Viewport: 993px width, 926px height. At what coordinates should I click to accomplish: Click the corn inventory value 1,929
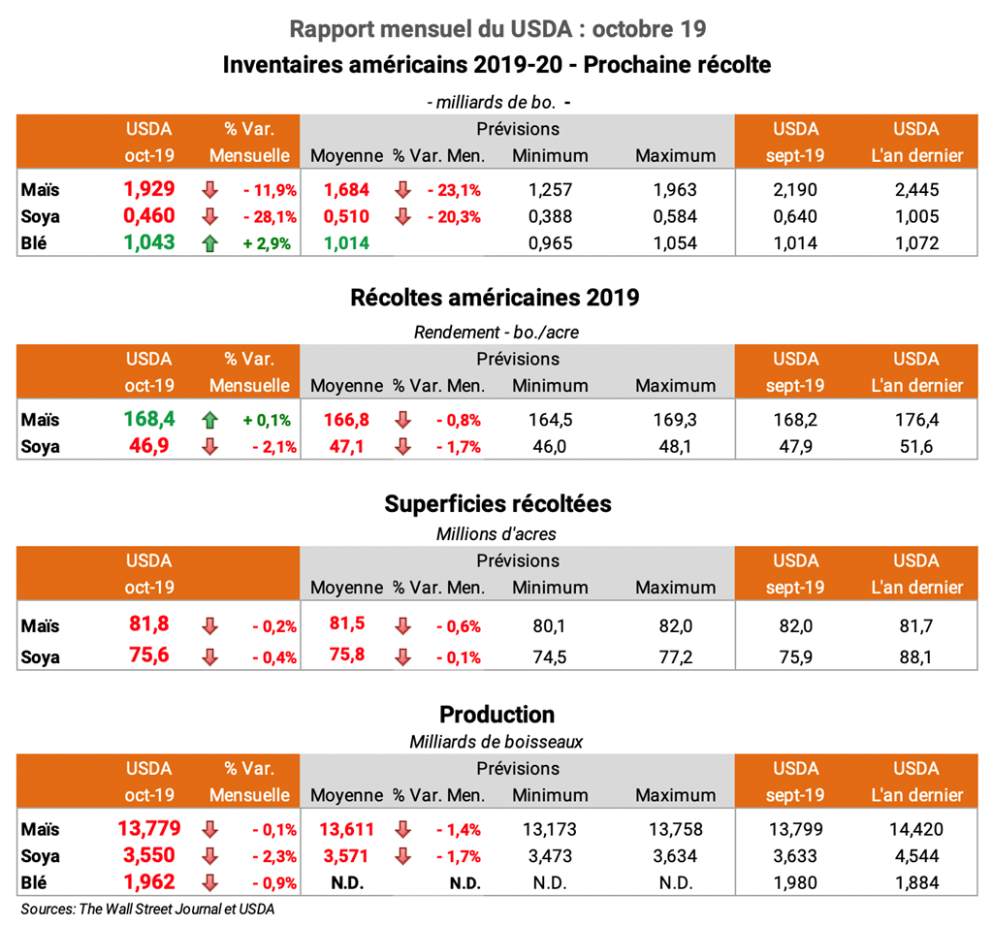(x=149, y=189)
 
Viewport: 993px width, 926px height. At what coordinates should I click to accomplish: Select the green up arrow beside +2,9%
(x=209, y=243)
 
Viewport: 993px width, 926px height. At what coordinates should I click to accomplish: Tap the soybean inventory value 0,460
(x=149, y=216)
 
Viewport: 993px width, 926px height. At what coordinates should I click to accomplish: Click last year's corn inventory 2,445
(x=915, y=190)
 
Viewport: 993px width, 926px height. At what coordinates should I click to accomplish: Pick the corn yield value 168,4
(x=149, y=420)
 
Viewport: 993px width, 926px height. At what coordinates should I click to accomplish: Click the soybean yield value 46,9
(x=149, y=447)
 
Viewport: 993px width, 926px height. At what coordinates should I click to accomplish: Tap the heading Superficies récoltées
(x=496, y=504)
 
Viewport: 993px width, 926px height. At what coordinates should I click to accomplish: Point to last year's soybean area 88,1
(x=915, y=657)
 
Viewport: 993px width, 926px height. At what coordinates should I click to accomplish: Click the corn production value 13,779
(x=149, y=829)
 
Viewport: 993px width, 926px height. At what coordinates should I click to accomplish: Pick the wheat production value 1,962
(x=149, y=882)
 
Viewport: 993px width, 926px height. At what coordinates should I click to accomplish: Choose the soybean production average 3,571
(x=345, y=856)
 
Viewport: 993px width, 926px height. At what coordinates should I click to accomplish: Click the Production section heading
(x=496, y=715)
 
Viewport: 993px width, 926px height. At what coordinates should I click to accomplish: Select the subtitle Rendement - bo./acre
(x=496, y=332)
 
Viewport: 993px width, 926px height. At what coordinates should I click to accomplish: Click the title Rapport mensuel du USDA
(x=496, y=29)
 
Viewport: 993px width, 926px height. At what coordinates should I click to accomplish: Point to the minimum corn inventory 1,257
(x=550, y=190)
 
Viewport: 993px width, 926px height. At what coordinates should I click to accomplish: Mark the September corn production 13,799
(x=794, y=830)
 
